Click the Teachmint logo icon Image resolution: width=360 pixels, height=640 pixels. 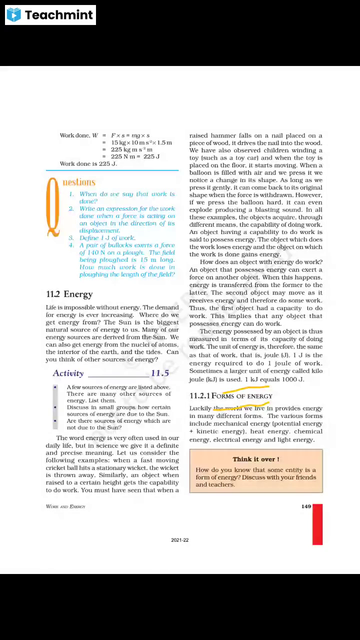14,15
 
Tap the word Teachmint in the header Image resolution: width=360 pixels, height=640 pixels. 59,15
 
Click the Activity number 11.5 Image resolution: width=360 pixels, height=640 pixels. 160,373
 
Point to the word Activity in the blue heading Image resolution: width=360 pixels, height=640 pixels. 68,373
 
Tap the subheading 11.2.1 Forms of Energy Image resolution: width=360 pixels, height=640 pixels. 230,396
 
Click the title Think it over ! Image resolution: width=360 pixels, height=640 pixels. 255,459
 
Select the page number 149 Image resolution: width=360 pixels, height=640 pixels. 306,506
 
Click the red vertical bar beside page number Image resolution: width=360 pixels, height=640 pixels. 317,524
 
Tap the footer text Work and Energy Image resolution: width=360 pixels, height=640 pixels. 65,506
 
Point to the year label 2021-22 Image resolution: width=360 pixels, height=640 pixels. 180,540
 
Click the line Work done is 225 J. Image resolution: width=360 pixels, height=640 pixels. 88,164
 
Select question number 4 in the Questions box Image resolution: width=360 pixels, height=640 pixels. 71,245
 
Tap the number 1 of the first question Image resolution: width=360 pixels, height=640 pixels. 71,194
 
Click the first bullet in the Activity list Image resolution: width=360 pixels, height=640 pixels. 55,387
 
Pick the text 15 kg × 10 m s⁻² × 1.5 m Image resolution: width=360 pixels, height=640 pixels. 141,142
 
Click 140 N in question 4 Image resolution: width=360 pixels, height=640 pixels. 92,252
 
